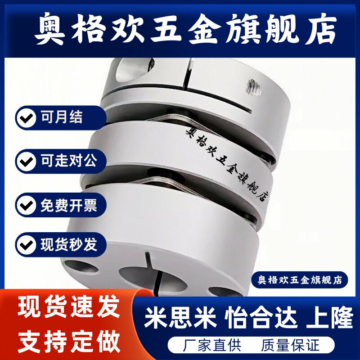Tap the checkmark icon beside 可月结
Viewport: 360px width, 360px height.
click(x=27, y=118)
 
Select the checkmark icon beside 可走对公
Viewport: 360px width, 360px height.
click(x=27, y=161)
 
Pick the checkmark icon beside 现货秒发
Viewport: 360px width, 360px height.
click(x=27, y=245)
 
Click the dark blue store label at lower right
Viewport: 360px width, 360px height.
click(x=299, y=279)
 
